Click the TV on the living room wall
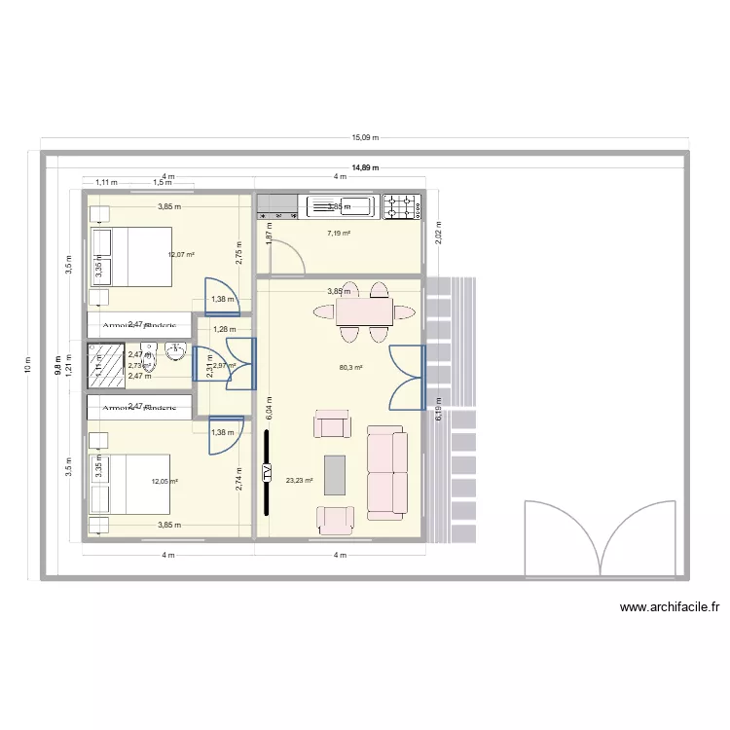tap(266, 472)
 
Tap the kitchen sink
tap(340, 206)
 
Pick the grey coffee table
tap(334, 475)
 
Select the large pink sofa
tap(386, 471)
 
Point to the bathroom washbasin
tap(175, 351)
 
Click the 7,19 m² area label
tap(339, 234)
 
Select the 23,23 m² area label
tap(300, 480)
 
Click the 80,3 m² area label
tap(350, 368)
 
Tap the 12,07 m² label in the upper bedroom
tap(181, 255)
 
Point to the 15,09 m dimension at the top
tap(365, 138)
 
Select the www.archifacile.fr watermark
tap(670, 607)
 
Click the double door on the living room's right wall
tap(409, 377)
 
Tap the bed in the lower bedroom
tap(130, 484)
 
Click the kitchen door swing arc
tap(288, 256)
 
